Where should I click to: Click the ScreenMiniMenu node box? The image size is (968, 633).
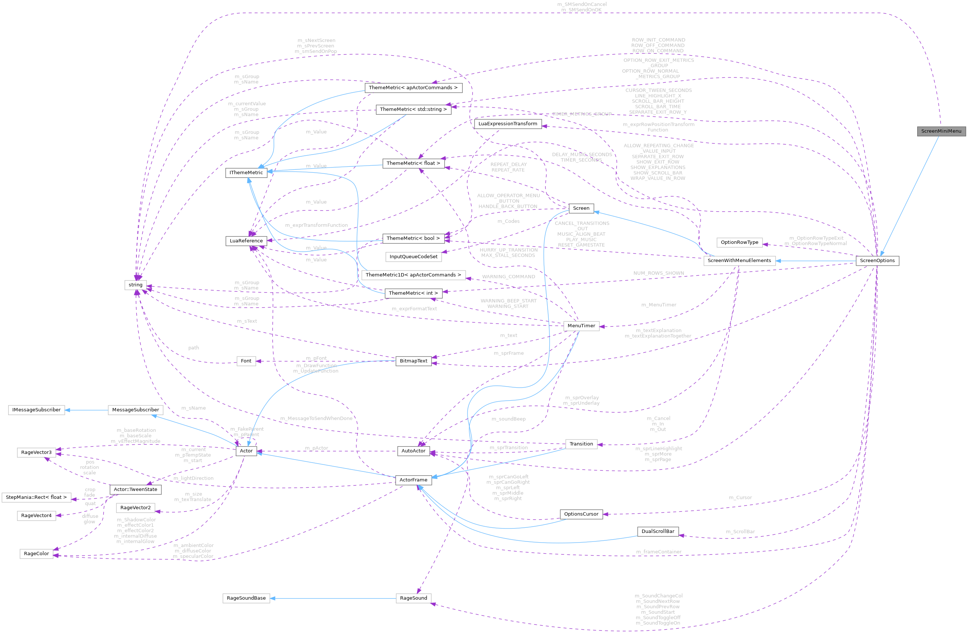click(x=941, y=131)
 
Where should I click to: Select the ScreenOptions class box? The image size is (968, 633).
click(x=877, y=261)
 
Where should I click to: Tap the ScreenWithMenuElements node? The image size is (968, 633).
click(x=739, y=261)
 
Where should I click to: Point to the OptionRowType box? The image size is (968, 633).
click(x=739, y=242)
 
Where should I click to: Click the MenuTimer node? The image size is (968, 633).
click(x=581, y=326)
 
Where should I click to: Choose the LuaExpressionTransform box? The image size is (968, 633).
click(x=507, y=123)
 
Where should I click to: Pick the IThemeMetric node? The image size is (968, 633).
click(x=246, y=173)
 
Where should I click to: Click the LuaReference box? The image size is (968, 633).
click(x=246, y=241)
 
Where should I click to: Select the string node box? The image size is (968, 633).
click(x=135, y=285)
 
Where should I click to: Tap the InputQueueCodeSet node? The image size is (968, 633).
click(x=413, y=256)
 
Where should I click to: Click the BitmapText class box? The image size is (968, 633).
click(x=413, y=361)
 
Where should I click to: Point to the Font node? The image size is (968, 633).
click(x=246, y=361)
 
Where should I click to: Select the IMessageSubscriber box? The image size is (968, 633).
click(x=36, y=410)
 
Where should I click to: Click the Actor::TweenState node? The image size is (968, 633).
click(x=135, y=490)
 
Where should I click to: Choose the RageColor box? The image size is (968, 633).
click(x=36, y=554)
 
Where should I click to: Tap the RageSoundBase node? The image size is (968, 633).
click(x=246, y=598)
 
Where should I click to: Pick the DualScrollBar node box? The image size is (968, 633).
click(x=658, y=531)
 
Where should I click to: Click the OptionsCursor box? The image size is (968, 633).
click(x=581, y=514)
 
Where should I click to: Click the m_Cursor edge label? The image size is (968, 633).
click(x=740, y=498)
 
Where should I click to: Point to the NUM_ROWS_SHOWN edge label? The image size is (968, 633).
click(x=658, y=273)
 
